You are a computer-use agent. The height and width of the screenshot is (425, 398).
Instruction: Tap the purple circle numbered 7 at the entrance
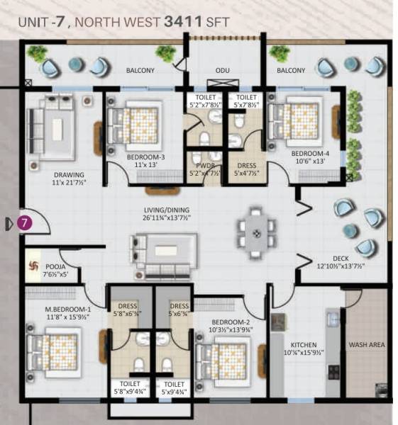coord(24,223)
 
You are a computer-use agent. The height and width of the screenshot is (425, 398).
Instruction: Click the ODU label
coord(223,71)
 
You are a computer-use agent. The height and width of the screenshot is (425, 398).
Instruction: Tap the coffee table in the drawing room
coord(54,127)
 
